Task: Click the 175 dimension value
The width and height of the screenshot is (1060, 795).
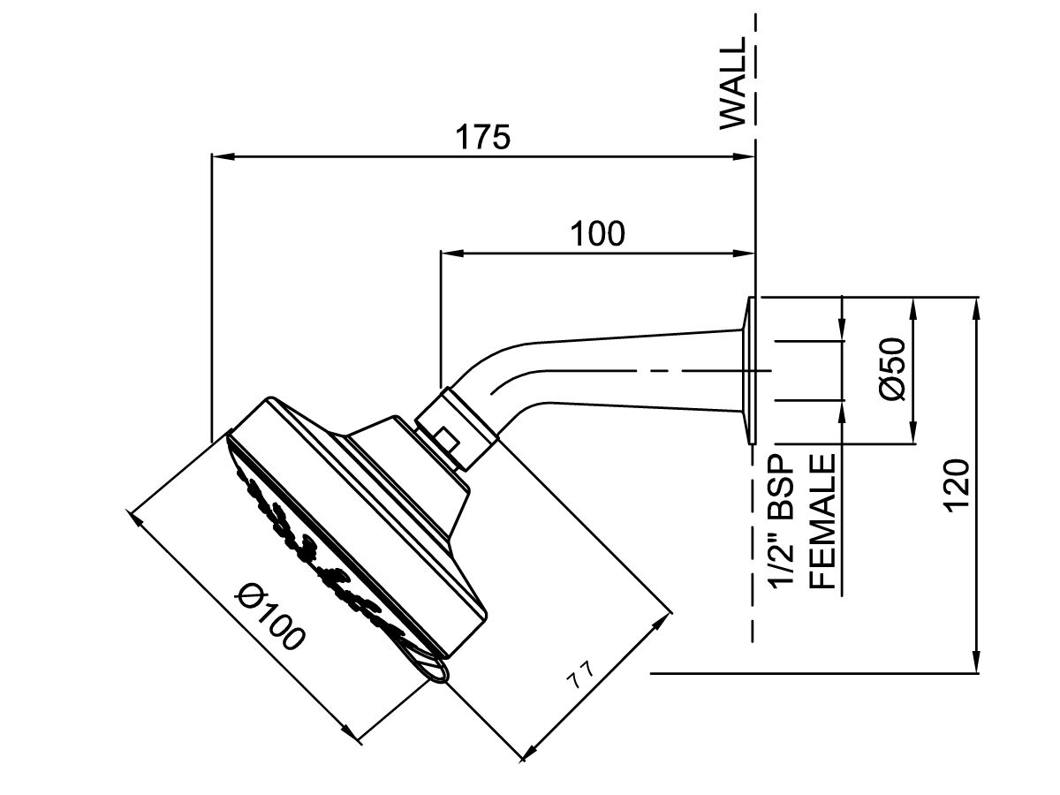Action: click(x=482, y=138)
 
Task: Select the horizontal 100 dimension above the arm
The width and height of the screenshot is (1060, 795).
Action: click(x=596, y=234)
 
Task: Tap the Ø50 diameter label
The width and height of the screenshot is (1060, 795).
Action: click(x=893, y=368)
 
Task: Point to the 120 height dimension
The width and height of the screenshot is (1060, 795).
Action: click(x=958, y=484)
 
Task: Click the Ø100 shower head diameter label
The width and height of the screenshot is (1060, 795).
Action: click(x=269, y=617)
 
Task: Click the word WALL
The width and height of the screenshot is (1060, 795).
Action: click(x=733, y=84)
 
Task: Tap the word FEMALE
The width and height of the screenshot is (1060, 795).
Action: click(x=823, y=521)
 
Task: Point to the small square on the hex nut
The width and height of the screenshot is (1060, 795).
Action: click(x=446, y=439)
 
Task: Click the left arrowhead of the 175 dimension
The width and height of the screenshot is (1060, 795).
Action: click(x=221, y=157)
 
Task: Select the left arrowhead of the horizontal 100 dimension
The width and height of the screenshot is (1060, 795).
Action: click(x=450, y=254)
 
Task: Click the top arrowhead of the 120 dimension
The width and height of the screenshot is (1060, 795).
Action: click(x=977, y=306)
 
